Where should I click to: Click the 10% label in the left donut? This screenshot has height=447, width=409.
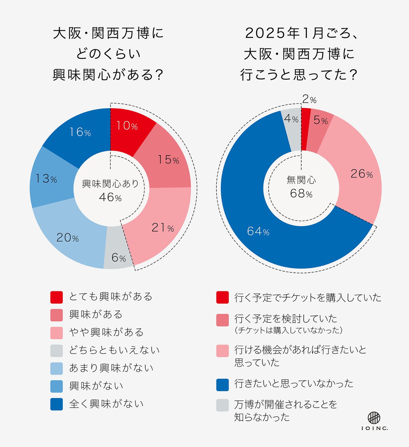pyautogui.click(x=127, y=126)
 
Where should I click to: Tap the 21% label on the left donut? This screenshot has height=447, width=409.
pyautogui.click(x=163, y=227)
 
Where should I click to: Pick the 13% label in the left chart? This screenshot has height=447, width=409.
pyautogui.click(x=46, y=178)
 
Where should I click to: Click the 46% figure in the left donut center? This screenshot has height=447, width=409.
pyautogui.click(x=110, y=197)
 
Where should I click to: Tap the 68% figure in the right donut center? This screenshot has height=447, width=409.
pyautogui.click(x=301, y=193)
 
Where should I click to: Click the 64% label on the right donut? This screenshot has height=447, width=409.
pyautogui.click(x=258, y=232)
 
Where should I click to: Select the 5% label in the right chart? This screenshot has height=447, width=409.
pyautogui.click(x=320, y=120)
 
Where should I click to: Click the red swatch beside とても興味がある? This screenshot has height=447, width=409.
pyautogui.click(x=57, y=297)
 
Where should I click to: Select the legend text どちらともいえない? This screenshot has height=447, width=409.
pyautogui.click(x=114, y=350)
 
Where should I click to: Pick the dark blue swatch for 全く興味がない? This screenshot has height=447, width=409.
pyautogui.click(x=57, y=404)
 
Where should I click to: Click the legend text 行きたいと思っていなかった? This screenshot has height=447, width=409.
pyautogui.click(x=294, y=384)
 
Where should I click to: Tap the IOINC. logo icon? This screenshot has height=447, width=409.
pyautogui.click(x=374, y=418)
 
